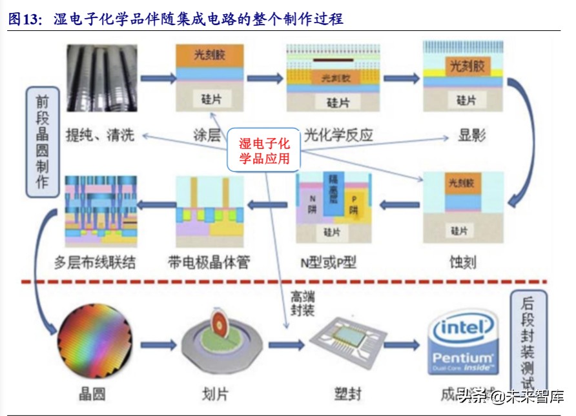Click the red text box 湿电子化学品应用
265,151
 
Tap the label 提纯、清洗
100,135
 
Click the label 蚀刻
463,262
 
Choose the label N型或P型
328,262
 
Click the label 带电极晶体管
208,262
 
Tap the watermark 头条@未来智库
511,395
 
